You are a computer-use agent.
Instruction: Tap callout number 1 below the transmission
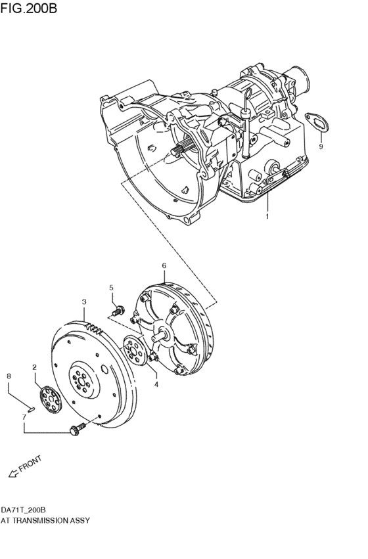coord(267,216)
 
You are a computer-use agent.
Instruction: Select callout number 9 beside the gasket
coord(321,147)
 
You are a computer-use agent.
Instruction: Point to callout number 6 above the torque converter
coord(164,266)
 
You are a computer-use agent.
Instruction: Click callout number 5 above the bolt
coord(111,288)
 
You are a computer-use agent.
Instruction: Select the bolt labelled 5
coord(117,310)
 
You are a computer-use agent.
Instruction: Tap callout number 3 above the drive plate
coord(84,302)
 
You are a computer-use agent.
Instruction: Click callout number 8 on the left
coord(9,376)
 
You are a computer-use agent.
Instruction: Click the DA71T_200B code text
coord(23,510)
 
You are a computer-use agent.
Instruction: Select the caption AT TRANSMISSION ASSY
coord(45,520)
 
